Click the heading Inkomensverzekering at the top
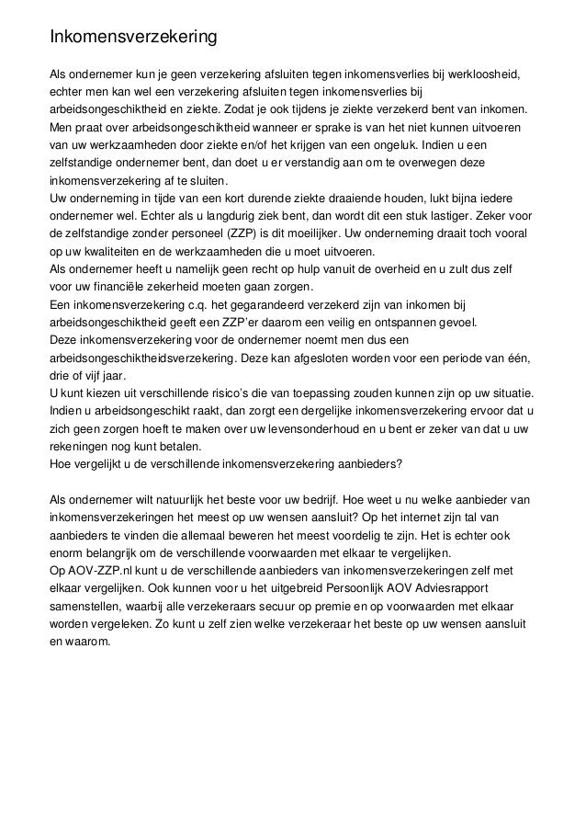[132, 39]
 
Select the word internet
[427, 516]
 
